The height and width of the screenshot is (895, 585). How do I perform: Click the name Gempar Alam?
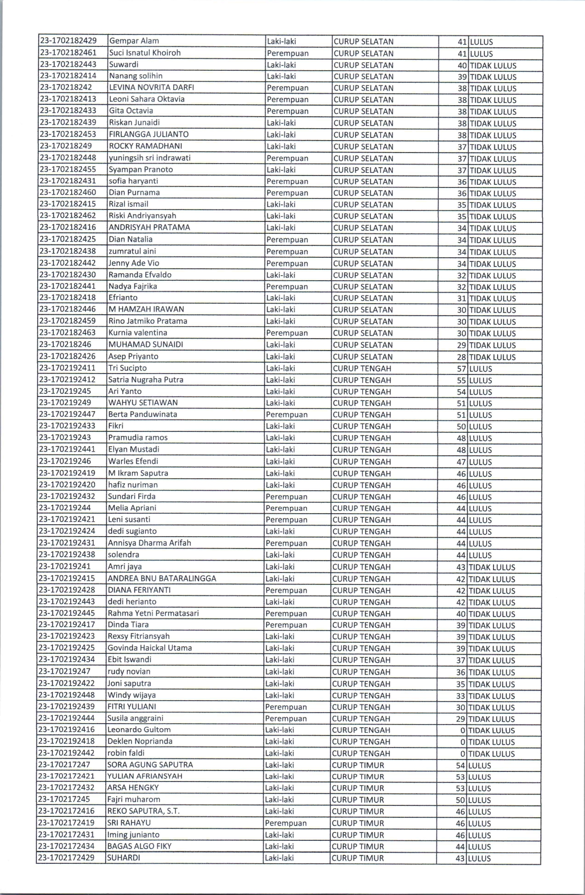click(134, 41)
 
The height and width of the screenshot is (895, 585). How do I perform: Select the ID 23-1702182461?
click(68, 53)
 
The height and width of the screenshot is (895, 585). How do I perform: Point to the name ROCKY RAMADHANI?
click(145, 146)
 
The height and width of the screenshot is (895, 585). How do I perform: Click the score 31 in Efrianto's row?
click(461, 298)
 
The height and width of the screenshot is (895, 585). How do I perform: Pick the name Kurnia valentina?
click(137, 333)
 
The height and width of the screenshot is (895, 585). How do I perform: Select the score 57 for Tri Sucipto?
click(461, 368)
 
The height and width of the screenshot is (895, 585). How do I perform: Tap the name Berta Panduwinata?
click(142, 414)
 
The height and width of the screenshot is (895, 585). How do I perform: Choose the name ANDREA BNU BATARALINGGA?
click(162, 578)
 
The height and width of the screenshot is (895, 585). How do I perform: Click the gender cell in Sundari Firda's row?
click(286, 497)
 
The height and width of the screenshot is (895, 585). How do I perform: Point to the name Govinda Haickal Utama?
click(150, 648)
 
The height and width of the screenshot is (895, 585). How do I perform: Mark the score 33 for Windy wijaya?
click(460, 696)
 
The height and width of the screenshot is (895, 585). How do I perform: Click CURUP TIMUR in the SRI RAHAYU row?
click(358, 823)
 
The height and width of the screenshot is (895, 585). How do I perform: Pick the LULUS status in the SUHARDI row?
click(479, 858)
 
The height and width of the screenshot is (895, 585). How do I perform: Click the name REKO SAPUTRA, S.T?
click(143, 811)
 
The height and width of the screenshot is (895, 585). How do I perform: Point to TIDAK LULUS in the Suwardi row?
click(493, 65)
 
